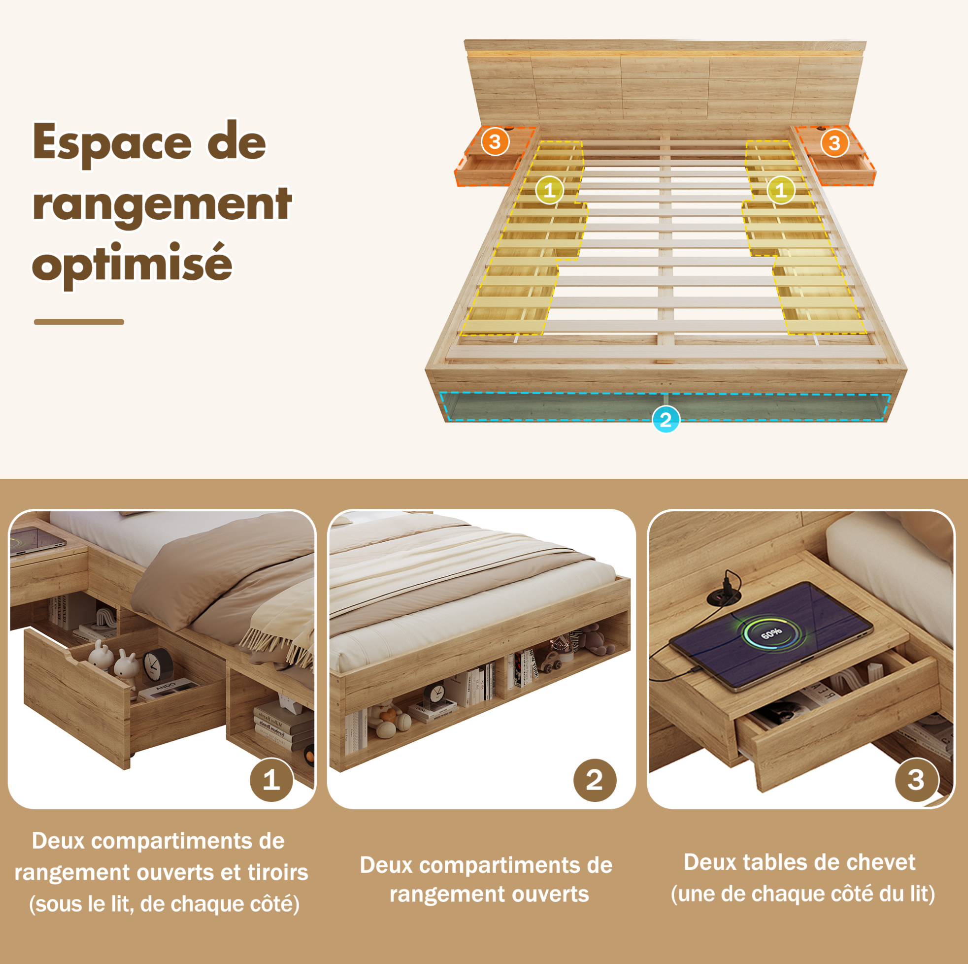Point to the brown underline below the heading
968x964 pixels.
[x=79, y=322]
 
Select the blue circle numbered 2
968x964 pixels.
[x=666, y=419]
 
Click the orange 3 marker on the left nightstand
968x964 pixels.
[x=495, y=142]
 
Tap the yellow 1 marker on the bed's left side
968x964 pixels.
[x=550, y=190]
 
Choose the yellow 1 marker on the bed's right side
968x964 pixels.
[x=781, y=190]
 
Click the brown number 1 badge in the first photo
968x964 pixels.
[x=271, y=780]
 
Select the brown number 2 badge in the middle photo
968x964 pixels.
[x=595, y=780]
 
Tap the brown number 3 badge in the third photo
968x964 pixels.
[x=916, y=780]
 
